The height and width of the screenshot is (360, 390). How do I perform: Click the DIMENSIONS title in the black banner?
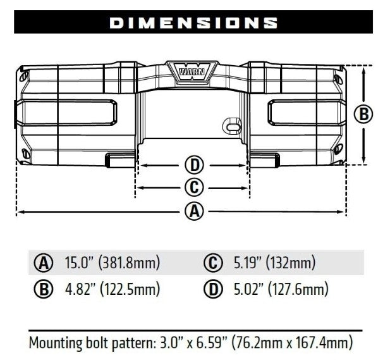pyautogui.click(x=193, y=23)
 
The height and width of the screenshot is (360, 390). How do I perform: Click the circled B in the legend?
pyautogui.click(x=44, y=290)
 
